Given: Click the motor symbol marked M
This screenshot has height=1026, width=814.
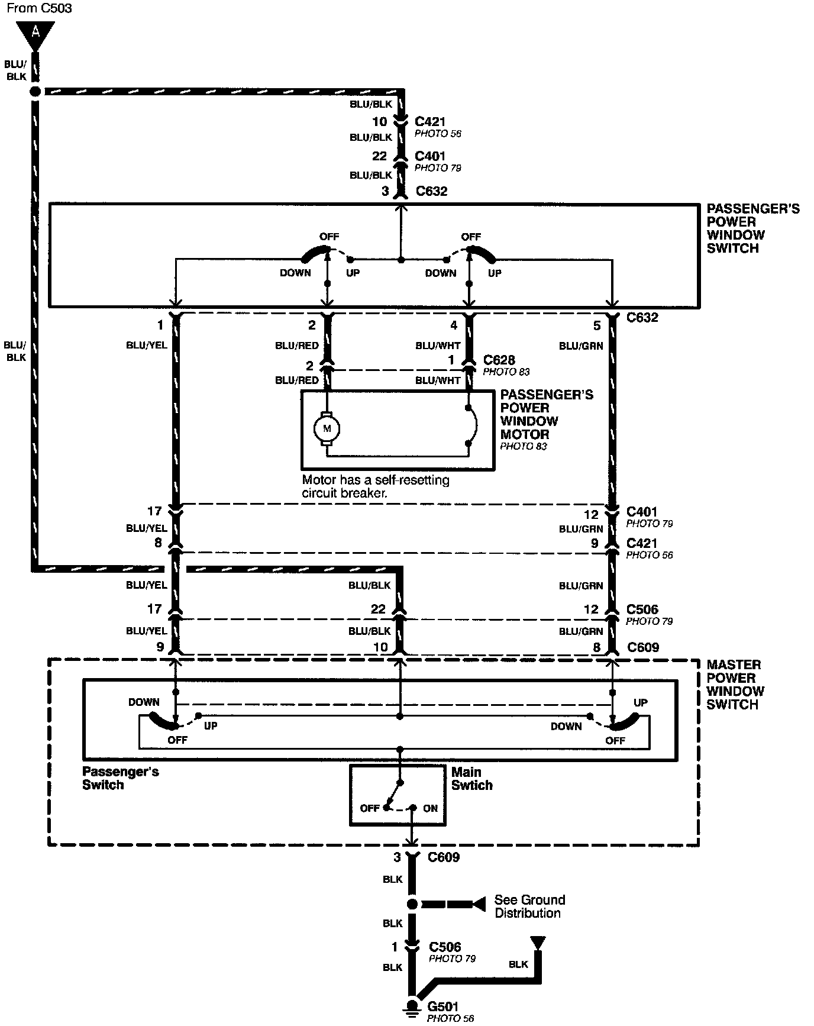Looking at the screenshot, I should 326,428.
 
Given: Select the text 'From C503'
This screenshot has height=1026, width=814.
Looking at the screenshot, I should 36,9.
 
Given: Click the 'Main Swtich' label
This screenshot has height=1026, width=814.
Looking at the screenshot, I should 471,779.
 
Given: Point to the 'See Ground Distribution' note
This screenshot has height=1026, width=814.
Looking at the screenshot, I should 529,906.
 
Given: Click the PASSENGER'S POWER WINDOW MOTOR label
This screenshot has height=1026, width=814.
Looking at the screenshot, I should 546,414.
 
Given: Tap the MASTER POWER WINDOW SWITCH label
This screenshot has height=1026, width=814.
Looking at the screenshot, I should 735,685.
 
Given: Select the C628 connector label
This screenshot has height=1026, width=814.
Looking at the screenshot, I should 499,360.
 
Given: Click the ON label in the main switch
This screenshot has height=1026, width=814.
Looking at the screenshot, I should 430,808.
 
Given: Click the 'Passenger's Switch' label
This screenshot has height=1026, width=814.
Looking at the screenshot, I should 121,778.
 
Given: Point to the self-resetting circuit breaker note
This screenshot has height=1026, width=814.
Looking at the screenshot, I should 375,486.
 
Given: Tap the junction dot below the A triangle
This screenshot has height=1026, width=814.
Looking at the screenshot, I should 35,92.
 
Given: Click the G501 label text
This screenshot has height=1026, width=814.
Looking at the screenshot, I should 442,1006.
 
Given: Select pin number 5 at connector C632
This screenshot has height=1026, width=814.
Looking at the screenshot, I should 597,325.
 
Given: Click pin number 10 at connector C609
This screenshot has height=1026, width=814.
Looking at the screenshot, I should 380,647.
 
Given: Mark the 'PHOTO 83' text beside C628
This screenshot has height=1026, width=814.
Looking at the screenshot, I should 506,372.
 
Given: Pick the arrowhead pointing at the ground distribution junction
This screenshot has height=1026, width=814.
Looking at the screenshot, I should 479,904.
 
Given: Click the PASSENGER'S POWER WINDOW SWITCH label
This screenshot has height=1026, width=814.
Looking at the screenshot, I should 752,228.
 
